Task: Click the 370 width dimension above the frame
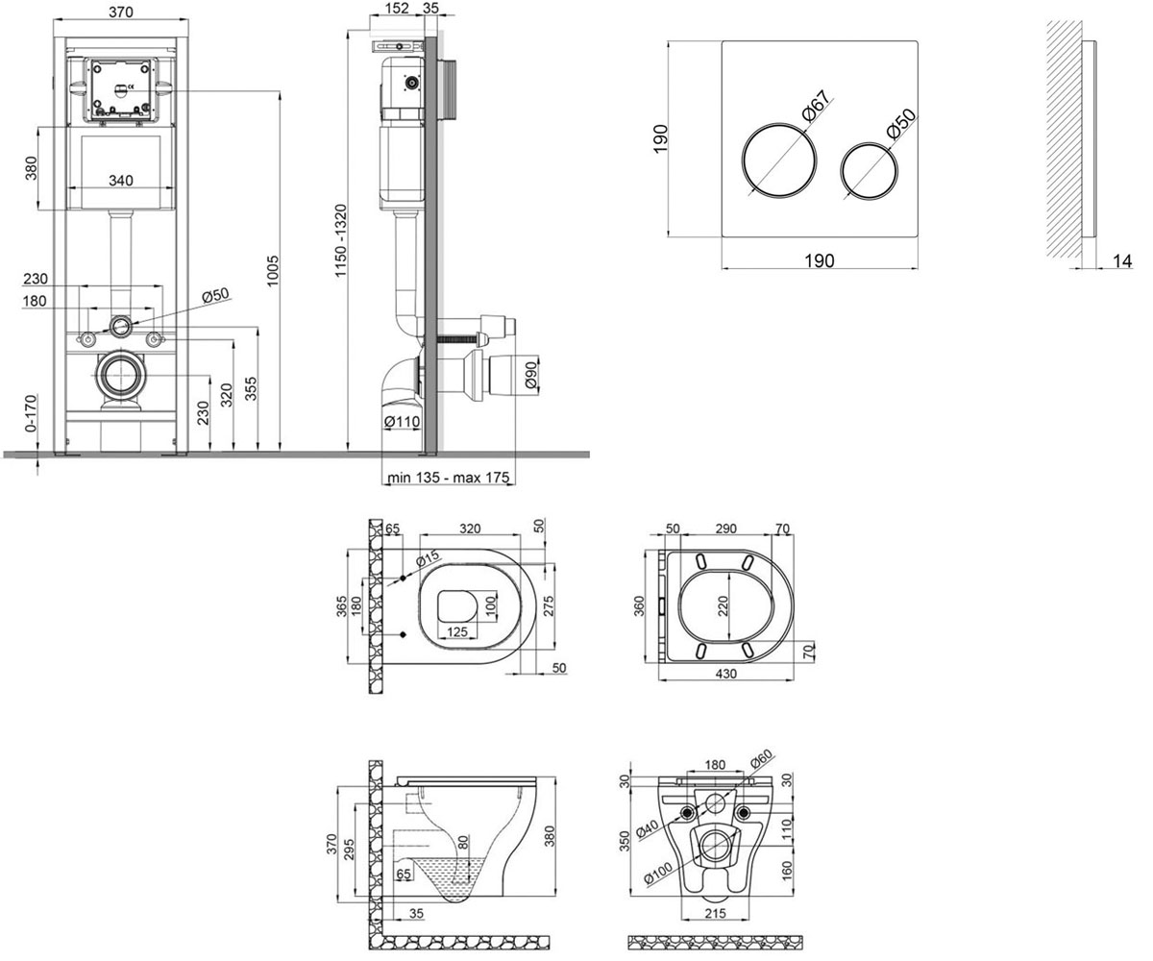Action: pos(120,12)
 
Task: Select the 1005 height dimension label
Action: pos(273,271)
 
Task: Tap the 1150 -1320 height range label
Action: pos(340,241)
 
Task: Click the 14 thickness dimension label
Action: pos(1121,260)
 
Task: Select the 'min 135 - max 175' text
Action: pos(448,478)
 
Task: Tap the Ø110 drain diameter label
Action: pos(402,422)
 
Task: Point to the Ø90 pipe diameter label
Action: pos(530,375)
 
